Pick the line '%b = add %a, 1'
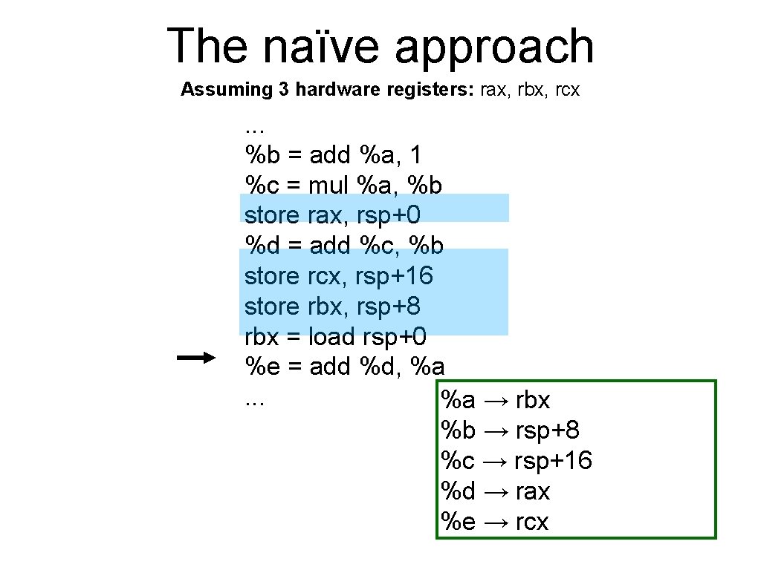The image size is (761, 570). coord(334,155)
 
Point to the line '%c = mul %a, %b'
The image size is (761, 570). coord(344,185)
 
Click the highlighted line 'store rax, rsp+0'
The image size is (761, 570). coord(332,215)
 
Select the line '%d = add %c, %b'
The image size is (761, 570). coord(344,246)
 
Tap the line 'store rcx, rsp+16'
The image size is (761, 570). coord(339,276)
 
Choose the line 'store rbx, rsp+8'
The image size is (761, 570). coord(332,307)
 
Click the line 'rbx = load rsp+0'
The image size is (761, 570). coord(335,337)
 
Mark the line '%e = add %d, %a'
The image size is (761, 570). coord(345,367)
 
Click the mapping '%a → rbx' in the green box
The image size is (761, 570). coord(496,400)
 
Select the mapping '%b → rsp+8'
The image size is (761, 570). coord(511,430)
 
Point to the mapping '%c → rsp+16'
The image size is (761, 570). coord(516,461)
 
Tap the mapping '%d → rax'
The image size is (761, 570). coord(496,491)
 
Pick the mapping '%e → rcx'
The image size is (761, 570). coord(495,522)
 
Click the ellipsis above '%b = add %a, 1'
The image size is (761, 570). coord(254,128)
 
